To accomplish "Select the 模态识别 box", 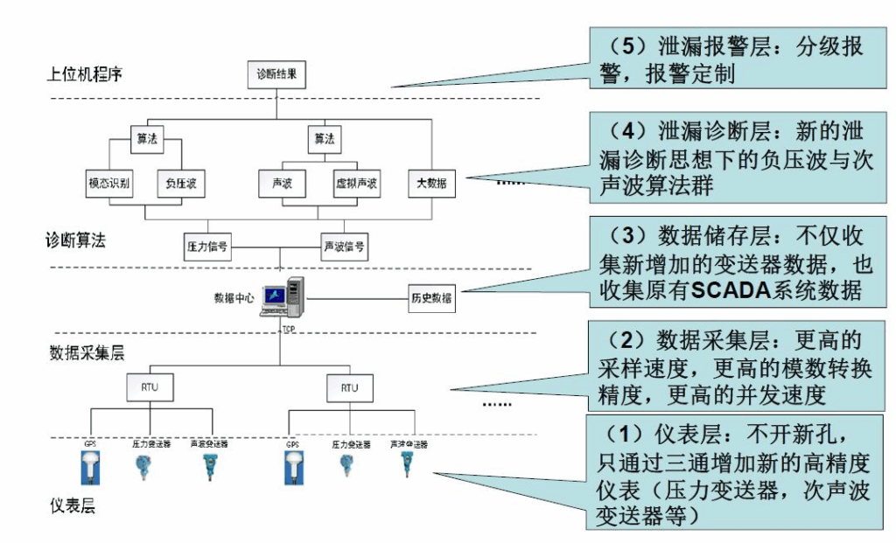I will tap(109, 184).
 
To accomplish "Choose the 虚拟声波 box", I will tap(357, 184).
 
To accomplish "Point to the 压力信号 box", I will tap(207, 247).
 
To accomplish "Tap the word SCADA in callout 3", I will tap(734, 290).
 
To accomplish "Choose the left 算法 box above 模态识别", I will tap(146, 138).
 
